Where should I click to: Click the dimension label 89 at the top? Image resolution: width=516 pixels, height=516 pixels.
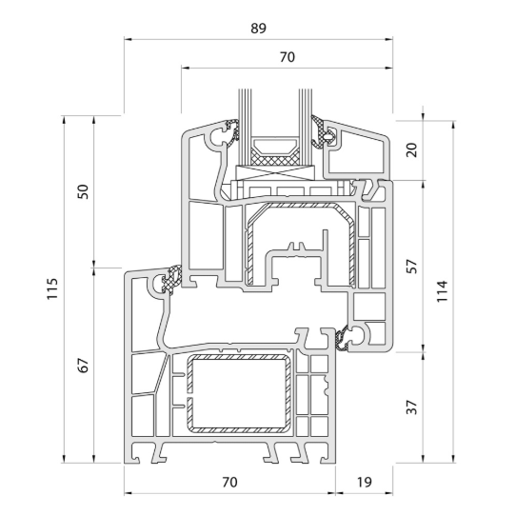258,29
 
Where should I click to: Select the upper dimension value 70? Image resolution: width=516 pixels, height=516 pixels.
288,57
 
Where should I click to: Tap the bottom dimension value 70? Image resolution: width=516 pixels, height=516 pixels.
229,483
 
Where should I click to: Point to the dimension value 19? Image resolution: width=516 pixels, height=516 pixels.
365,483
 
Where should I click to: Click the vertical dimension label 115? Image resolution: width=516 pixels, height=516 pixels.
52,288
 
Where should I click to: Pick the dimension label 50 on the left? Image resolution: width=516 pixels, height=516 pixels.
83,191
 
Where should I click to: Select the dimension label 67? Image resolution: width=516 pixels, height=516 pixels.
83,365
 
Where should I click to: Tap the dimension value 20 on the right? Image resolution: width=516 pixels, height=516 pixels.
411,149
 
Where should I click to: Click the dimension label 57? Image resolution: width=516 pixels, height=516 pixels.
411,267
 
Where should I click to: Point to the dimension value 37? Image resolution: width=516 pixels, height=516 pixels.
411,407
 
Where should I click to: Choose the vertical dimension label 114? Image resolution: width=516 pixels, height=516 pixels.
442,291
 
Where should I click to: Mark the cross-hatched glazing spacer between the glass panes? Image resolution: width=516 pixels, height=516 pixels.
275,158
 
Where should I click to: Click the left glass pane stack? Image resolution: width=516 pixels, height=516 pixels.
245,127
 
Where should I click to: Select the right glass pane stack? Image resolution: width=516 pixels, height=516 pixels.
305,127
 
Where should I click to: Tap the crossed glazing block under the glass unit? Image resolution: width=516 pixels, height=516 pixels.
275,172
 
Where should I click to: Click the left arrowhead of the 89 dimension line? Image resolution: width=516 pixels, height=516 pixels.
128,39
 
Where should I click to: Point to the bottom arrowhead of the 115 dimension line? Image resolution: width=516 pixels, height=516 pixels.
64,459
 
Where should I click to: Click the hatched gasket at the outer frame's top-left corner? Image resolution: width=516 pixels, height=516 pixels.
172,279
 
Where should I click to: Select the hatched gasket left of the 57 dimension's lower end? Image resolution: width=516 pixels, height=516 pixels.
342,339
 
